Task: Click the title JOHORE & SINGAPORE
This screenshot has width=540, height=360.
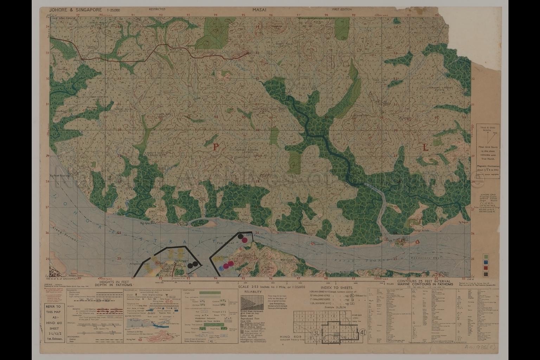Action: pos(76,10)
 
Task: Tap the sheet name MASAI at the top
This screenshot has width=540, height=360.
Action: pos(258,10)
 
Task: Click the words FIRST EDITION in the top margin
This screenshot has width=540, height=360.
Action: pos(342,9)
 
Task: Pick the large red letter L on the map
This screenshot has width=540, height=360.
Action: pos(426,148)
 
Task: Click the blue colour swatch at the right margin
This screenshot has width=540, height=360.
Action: pos(486,262)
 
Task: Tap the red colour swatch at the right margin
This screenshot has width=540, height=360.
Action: pos(486,267)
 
